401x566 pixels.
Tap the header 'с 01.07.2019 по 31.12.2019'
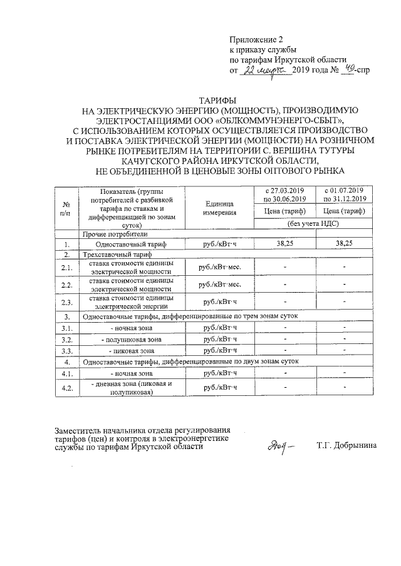point(344,194)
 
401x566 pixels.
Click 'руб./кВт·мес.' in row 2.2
point(219,285)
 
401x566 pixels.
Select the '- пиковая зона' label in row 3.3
point(130,351)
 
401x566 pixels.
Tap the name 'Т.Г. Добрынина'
point(346,447)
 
